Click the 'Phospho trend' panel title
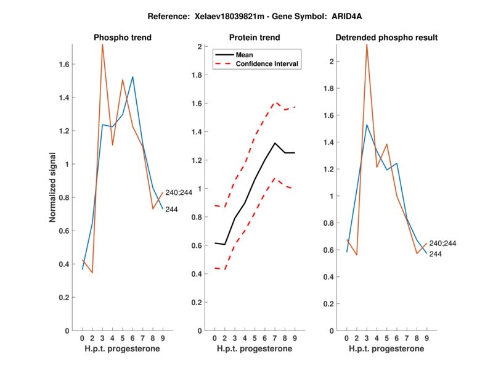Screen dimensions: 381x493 [x=123, y=38]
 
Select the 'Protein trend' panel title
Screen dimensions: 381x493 [x=255, y=38]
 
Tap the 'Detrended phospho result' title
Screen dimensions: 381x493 [x=386, y=38]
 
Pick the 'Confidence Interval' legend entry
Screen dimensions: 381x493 [x=267, y=63]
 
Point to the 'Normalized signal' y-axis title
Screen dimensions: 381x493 [x=54, y=187]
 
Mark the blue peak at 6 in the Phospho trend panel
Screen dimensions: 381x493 [x=132, y=77]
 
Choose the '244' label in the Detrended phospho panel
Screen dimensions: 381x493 [x=435, y=254]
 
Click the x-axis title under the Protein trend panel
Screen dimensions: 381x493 [x=255, y=348]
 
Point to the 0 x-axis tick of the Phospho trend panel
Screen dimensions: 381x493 [x=82, y=338]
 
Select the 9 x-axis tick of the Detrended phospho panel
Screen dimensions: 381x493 [x=426, y=338]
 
